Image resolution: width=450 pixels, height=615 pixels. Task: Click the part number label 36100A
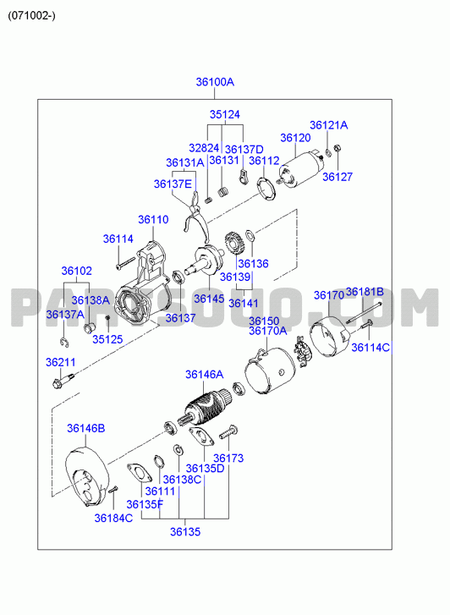tap(215, 82)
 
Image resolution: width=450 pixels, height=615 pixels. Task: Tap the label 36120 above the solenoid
tap(295, 138)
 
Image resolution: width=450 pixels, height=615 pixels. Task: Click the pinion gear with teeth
tap(234, 244)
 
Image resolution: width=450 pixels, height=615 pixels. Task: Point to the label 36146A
tap(205, 375)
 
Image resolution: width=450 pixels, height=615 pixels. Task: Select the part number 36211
tap(60, 362)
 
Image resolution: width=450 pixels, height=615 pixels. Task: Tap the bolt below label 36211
tap(63, 381)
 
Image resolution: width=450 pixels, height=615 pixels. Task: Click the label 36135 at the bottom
tap(185, 532)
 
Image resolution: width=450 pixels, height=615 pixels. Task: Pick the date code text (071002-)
tap(31, 16)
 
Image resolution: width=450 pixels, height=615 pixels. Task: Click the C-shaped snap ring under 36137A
tap(65, 343)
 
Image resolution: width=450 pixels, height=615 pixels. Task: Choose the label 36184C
tap(114, 519)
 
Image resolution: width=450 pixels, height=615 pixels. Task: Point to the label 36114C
tap(370, 348)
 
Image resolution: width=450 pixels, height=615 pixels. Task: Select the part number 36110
tap(153, 220)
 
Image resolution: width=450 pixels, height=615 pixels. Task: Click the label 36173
tap(228, 459)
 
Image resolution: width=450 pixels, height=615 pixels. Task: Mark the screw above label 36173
tap(228, 431)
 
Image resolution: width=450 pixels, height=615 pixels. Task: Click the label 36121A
tap(329, 125)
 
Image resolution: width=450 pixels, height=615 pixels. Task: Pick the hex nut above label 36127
tap(337, 149)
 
